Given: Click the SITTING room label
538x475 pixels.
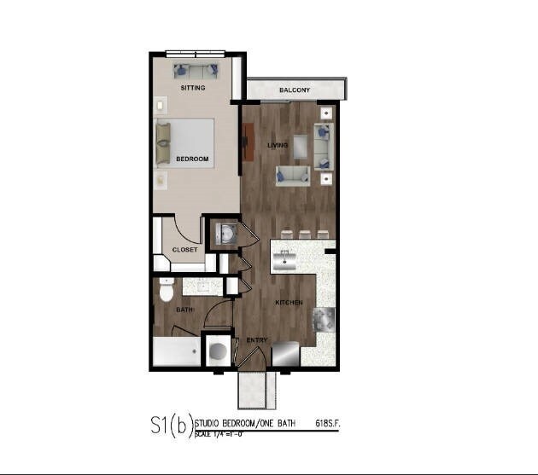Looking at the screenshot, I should [x=192, y=88].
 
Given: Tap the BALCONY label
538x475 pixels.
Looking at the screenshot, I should [x=295, y=90].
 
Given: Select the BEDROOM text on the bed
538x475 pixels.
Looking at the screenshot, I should [x=192, y=159].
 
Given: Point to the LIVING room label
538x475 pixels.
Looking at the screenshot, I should [x=278, y=145].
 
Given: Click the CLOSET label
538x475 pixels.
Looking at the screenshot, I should [x=185, y=250].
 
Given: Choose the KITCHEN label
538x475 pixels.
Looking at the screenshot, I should [x=289, y=303].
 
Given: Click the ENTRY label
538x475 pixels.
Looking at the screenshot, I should [x=257, y=340].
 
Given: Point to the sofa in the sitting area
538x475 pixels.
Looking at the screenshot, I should [x=196, y=70].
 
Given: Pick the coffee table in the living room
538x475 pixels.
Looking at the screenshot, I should [x=301, y=143].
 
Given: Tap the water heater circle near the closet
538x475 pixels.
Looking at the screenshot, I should [x=226, y=233].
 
